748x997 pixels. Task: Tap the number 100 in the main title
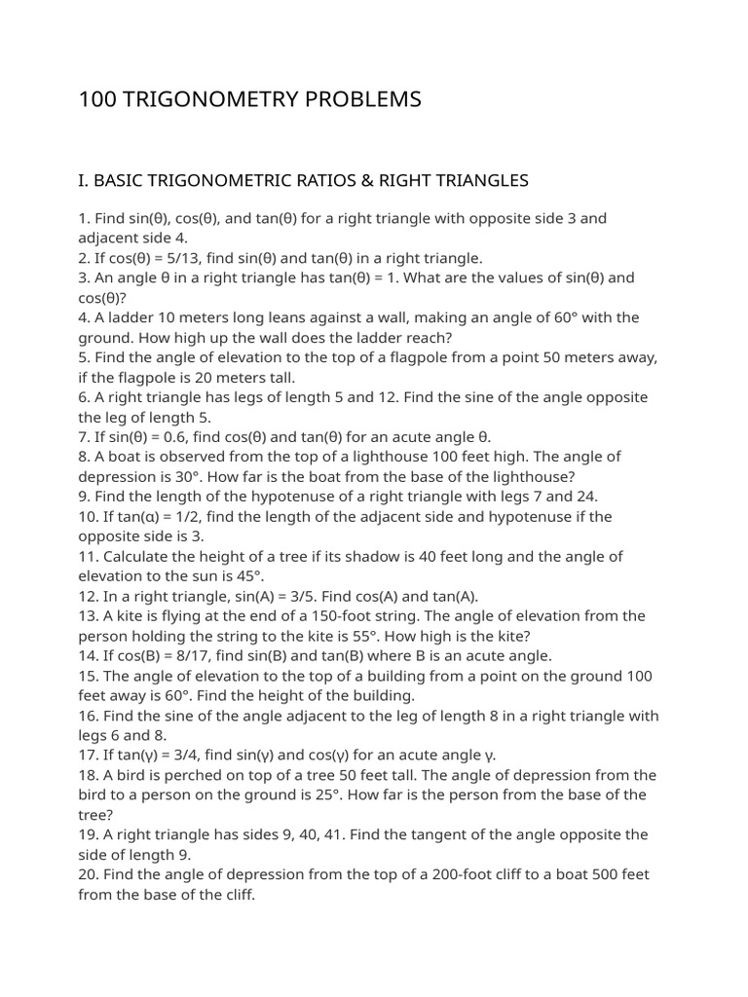coord(97,99)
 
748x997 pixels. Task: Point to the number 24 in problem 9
coord(584,497)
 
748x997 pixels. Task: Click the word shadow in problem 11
coord(345,556)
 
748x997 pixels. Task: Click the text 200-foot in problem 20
coord(462,874)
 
